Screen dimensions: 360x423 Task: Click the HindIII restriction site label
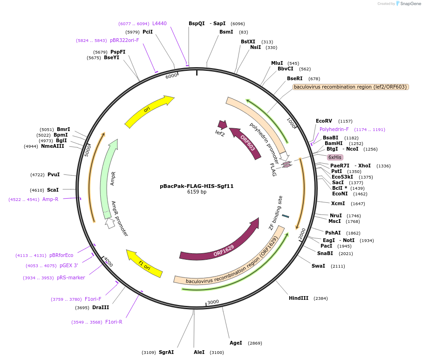(x=298, y=298)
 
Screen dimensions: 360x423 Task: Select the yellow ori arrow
(x=148, y=111)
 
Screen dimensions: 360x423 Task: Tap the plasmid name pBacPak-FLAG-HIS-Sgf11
(x=197, y=186)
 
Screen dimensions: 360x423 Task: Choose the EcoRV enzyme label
(x=324, y=121)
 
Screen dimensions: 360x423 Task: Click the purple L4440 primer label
(x=159, y=23)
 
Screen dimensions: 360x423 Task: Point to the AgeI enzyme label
(x=236, y=343)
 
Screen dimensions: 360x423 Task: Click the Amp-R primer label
(x=50, y=199)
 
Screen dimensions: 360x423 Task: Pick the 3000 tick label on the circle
(x=213, y=302)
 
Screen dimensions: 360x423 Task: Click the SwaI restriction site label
(x=318, y=266)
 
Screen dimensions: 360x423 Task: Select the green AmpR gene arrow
(x=108, y=177)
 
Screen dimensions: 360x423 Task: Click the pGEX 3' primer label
(x=68, y=265)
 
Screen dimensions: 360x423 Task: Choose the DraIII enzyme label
(x=100, y=307)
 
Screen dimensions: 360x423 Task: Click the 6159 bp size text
(x=197, y=192)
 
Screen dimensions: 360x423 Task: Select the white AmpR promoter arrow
(x=110, y=223)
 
